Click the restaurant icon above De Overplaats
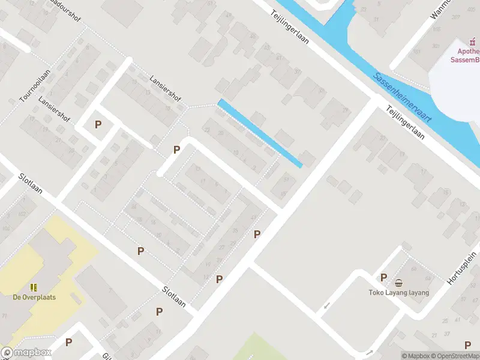34,287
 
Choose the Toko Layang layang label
399,293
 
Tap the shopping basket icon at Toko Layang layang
398,283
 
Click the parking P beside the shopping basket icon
383,277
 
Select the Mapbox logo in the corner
26,353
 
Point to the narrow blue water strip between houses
259,133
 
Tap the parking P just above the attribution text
467,344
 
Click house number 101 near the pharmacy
416,51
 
